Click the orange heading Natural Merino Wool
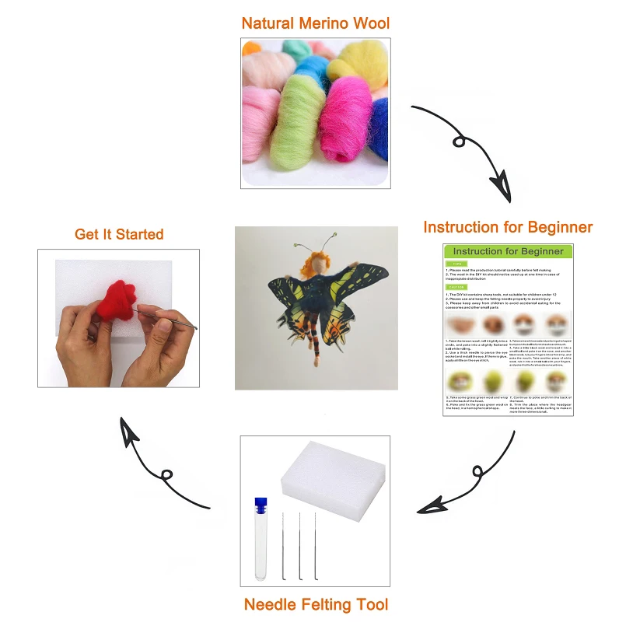(315, 23)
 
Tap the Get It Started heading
(119, 234)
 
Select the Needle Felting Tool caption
(316, 604)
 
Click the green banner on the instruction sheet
(508, 252)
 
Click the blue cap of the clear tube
(260, 504)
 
